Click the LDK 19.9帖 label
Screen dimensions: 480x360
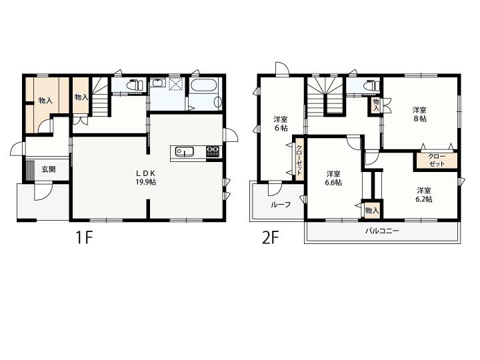point(146,177)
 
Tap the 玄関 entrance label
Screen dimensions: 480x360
point(49,169)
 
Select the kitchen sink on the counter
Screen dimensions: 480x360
point(184,151)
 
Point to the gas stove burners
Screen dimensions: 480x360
point(213,151)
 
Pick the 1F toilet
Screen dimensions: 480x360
point(135,85)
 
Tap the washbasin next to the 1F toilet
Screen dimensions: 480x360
point(157,83)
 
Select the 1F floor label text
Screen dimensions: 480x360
point(84,238)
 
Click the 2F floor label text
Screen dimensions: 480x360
point(270,238)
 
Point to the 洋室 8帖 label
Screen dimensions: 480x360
point(419,114)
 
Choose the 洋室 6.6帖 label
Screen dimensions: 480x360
point(333,178)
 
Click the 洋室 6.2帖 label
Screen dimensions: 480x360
point(424,195)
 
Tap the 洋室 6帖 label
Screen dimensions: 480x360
point(281,123)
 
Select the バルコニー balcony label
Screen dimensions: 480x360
point(382,231)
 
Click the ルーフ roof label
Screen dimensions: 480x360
point(281,205)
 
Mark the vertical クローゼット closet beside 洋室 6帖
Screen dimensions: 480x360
point(299,160)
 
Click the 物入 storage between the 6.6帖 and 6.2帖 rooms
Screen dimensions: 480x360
point(372,210)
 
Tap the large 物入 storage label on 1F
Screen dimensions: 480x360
point(45,100)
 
